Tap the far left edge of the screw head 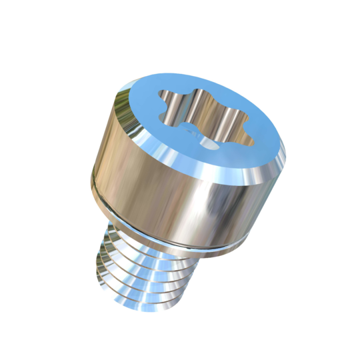coord(91,173)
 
